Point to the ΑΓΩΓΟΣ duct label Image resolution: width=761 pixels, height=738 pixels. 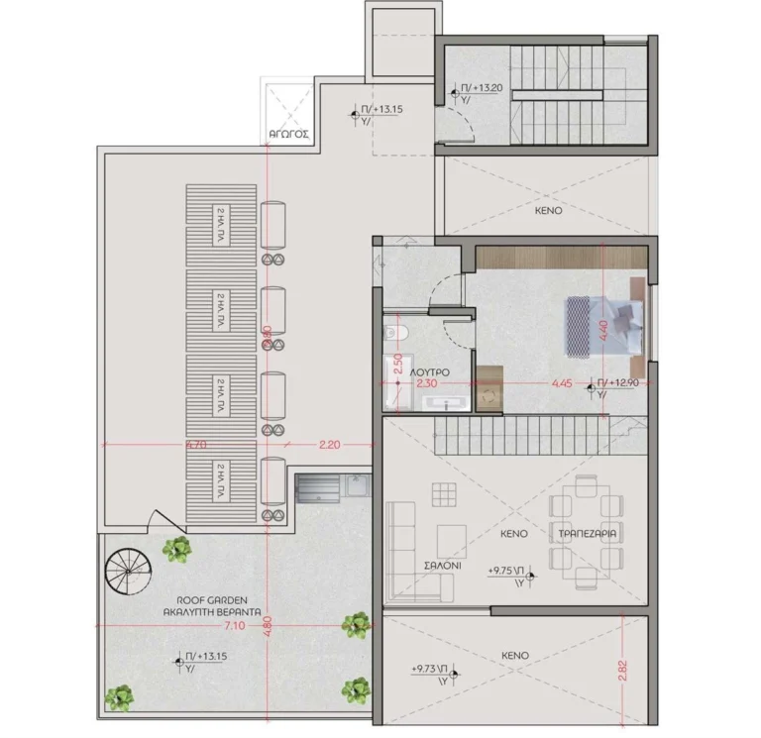click(x=289, y=131)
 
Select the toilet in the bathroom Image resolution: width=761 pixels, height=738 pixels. click(x=394, y=333)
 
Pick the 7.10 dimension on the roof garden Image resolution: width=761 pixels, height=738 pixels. click(x=234, y=626)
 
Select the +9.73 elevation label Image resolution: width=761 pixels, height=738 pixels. click(x=428, y=671)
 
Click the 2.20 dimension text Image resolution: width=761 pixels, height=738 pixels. click(x=329, y=445)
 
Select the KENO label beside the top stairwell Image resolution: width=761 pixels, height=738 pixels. click(x=547, y=211)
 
